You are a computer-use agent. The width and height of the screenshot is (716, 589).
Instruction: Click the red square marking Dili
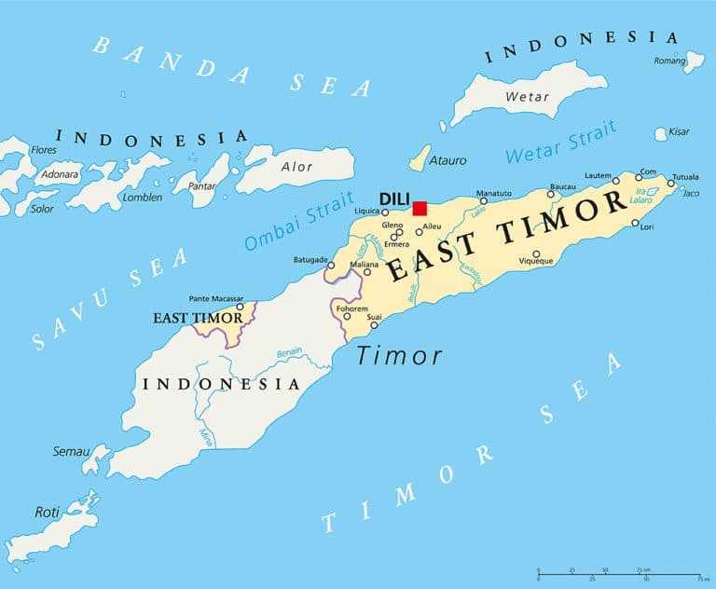420,208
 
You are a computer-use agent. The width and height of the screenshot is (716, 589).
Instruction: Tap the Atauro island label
447,160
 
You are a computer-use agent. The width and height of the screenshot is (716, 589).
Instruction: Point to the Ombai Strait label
299,220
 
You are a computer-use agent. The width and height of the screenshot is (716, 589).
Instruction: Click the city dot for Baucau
550,195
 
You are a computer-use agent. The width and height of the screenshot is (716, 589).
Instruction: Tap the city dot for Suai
374,325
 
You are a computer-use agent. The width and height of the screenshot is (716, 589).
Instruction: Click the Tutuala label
685,176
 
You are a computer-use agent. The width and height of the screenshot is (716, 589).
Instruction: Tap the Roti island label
46,512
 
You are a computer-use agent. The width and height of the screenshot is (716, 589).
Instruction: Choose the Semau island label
71,451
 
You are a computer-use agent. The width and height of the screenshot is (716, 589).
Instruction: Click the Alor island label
297,167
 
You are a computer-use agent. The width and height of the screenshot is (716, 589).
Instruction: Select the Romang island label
668,60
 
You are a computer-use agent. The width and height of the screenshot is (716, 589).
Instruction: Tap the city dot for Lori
635,224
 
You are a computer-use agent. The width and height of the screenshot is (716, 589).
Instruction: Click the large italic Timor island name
399,356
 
